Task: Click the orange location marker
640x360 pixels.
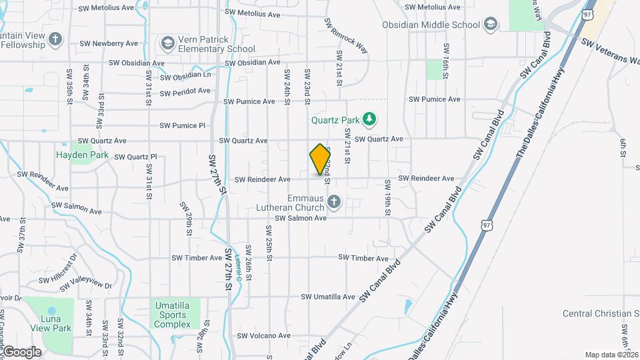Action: [320, 159]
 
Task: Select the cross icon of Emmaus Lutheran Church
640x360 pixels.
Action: [334, 201]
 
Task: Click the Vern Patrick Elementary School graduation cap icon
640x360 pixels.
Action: [167, 43]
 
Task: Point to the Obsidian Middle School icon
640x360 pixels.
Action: [491, 25]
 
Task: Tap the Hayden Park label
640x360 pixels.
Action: [82, 155]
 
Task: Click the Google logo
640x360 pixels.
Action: [21, 351]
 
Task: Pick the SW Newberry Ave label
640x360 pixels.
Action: [107, 43]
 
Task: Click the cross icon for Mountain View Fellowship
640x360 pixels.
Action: [55, 41]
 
